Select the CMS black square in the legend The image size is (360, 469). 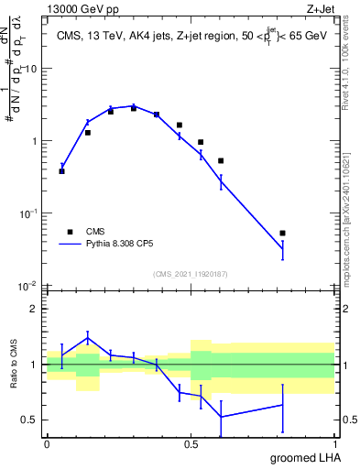pyautogui.click(x=70, y=232)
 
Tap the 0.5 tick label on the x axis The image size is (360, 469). pyautogui.click(x=191, y=443)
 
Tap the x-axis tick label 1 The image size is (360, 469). pyautogui.click(x=334, y=443)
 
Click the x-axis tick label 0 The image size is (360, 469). pyautogui.click(x=47, y=443)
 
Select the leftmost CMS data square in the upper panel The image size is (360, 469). pyautogui.click(x=61, y=171)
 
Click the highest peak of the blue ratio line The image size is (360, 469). pyautogui.click(x=88, y=338)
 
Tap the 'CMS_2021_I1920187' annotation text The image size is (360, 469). pyautogui.click(x=191, y=273)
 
